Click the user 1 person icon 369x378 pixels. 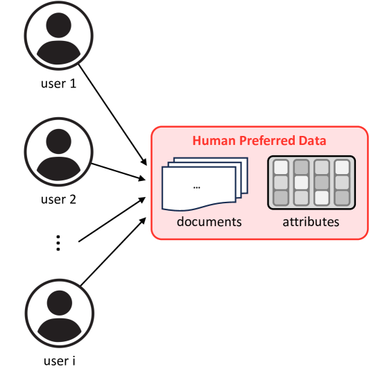point(58,35)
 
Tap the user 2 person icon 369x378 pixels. point(58,152)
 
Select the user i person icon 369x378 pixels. point(59,313)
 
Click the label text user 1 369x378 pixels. point(58,84)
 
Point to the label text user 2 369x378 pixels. point(58,200)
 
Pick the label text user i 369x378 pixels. point(59,361)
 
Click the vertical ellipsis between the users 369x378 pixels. point(58,243)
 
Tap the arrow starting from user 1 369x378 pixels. point(113,114)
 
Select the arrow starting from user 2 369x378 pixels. point(119,171)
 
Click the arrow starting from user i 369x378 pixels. point(113,252)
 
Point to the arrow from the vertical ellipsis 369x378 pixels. point(112,219)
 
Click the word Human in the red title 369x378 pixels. point(214,141)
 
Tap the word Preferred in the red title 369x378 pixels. point(267,141)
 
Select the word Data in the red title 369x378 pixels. point(313,141)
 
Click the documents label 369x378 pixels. point(209,221)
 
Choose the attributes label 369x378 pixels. point(311,222)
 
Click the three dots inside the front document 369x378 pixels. point(197,187)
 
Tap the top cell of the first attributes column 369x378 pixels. point(282,167)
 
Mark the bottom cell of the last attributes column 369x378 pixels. point(342,198)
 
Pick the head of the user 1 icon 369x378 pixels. point(58,25)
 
